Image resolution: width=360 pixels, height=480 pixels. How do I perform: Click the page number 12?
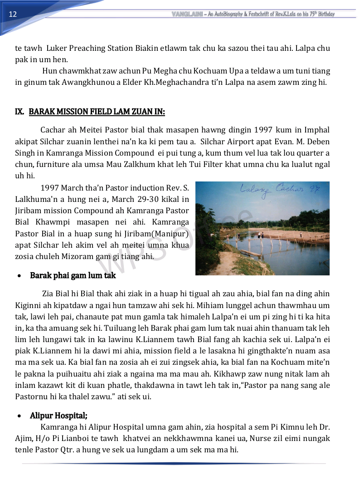point(13,14)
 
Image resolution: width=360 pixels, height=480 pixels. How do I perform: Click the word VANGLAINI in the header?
point(187,14)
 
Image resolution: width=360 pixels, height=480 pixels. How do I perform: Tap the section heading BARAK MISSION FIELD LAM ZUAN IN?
point(97,112)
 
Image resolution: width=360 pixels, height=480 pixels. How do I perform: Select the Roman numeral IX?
point(19,112)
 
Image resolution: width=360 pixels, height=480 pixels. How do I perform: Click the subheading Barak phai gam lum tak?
point(73,275)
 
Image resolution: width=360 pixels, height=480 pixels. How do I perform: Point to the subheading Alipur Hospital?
point(59,415)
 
